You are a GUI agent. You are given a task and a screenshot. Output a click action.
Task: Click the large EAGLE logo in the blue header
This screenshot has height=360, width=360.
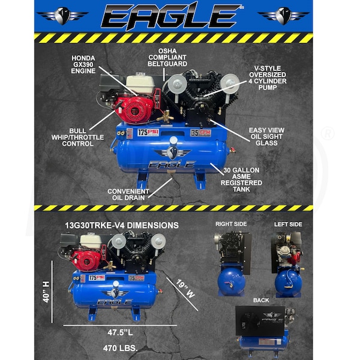tap(172, 16)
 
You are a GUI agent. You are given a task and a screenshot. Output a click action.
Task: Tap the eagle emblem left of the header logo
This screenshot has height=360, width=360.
tap(62, 16)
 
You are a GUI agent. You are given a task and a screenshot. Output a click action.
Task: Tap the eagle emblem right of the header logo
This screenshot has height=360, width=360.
tap(283, 16)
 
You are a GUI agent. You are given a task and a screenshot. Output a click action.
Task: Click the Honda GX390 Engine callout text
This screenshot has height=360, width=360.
tap(83, 65)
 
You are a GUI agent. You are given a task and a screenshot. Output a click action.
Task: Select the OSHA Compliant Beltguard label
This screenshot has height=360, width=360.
tap(167, 58)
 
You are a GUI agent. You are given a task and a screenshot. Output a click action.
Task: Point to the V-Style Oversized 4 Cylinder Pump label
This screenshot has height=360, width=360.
tap(268, 78)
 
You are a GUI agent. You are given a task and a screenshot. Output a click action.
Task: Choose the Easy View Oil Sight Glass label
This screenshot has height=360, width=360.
tap(266, 136)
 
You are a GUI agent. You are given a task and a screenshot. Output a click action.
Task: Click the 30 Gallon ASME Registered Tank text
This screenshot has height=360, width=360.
tap(241, 179)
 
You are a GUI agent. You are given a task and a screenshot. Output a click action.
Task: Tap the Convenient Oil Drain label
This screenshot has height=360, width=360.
tap(128, 194)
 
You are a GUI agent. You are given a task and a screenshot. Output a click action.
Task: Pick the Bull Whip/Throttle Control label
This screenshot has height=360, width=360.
tap(77, 137)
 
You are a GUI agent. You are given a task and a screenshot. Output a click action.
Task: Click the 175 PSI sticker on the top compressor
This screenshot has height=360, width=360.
tap(148, 133)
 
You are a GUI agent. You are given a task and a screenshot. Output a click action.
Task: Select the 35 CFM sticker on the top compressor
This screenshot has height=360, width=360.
tap(200, 133)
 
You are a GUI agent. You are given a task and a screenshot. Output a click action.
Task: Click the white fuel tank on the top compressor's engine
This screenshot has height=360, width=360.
tap(140, 83)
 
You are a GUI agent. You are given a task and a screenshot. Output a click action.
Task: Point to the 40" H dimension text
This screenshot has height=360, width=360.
tap(46, 292)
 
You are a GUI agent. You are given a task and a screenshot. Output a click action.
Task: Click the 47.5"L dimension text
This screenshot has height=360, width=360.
tap(120, 332)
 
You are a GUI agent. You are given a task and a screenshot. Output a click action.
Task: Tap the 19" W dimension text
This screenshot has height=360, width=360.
tap(186, 289)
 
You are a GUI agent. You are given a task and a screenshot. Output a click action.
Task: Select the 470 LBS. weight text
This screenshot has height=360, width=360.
tap(121, 348)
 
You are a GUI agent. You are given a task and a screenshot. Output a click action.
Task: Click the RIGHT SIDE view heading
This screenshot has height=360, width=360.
tap(231, 224)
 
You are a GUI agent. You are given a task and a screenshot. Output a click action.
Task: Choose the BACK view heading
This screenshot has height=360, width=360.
tap(261, 301)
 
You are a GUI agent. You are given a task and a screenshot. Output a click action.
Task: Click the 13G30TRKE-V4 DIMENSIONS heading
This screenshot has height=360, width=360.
tap(122, 225)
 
